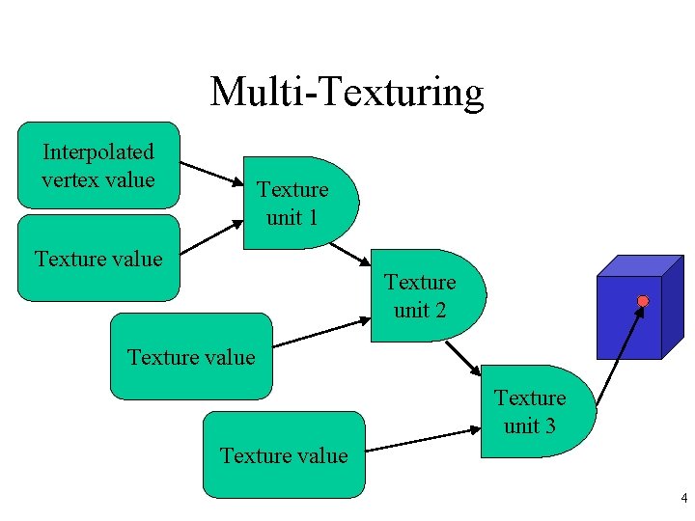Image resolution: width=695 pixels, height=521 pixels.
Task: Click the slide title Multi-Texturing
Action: [347, 92]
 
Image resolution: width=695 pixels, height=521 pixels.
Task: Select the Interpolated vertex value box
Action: [98, 165]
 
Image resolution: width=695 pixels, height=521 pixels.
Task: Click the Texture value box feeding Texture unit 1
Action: [98, 259]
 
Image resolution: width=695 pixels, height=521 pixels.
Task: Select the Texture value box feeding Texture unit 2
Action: [191, 357]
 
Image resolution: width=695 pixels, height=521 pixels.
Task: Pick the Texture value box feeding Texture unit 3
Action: [284, 455]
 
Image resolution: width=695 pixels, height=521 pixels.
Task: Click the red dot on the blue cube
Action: [643, 301]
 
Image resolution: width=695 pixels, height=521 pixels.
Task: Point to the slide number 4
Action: [683, 499]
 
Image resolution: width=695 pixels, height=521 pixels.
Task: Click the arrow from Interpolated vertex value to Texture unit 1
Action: [212, 173]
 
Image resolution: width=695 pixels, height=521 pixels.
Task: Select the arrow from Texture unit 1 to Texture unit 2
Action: [350, 253]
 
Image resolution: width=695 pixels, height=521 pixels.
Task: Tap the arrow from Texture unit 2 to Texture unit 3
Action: [462, 357]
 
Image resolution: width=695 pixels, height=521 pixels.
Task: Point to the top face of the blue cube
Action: [632, 266]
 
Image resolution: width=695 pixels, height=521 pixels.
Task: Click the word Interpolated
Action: [98, 151]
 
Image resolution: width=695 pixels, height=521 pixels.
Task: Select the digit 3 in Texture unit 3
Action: [549, 425]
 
